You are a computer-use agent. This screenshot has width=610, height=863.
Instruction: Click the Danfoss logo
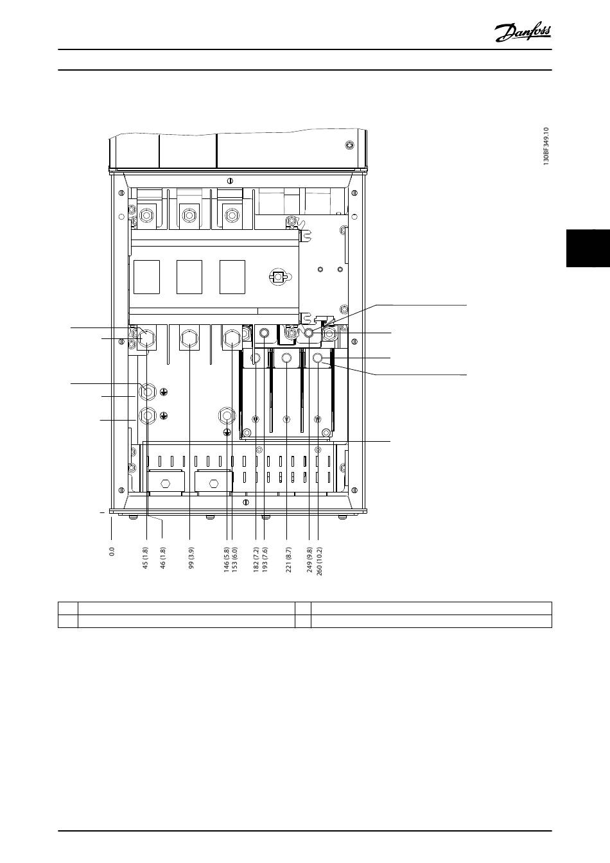click(523, 32)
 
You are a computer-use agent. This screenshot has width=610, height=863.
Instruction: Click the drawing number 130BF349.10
click(546, 146)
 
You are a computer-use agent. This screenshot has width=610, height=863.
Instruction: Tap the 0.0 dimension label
click(112, 552)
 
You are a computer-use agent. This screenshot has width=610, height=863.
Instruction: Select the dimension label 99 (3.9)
click(191, 558)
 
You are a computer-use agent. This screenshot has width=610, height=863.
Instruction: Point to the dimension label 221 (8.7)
click(288, 559)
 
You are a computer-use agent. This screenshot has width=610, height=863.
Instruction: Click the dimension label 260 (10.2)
click(319, 561)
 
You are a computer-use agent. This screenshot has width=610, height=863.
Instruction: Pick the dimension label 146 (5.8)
click(227, 559)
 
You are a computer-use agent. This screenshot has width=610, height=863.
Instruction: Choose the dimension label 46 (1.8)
click(162, 558)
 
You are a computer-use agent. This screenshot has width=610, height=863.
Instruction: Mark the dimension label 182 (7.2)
click(256, 559)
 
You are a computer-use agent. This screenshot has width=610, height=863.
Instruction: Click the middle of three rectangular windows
click(189, 277)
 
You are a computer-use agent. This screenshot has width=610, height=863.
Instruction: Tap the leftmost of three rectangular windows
click(147, 277)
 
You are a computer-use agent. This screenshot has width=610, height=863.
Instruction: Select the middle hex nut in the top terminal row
click(188, 215)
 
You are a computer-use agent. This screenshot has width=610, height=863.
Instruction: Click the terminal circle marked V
click(286, 419)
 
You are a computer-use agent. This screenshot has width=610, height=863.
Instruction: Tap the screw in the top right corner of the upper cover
click(349, 145)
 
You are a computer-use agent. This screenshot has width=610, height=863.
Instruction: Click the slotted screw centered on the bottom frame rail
click(246, 502)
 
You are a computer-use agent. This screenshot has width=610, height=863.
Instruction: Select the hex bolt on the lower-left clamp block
click(165, 483)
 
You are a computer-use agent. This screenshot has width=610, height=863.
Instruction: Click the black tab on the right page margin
click(588, 248)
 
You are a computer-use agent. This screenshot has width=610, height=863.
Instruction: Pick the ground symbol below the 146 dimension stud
click(227, 432)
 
